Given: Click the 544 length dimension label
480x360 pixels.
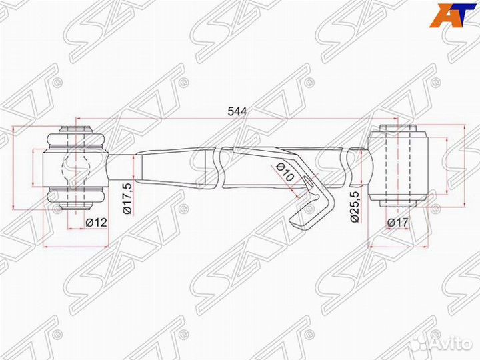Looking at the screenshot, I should pos(237,111).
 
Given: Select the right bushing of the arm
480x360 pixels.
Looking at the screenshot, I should pos(397,163).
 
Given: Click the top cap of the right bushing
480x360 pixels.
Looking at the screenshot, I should pos(397,127).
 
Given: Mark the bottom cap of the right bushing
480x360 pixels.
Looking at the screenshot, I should pos(397,202).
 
